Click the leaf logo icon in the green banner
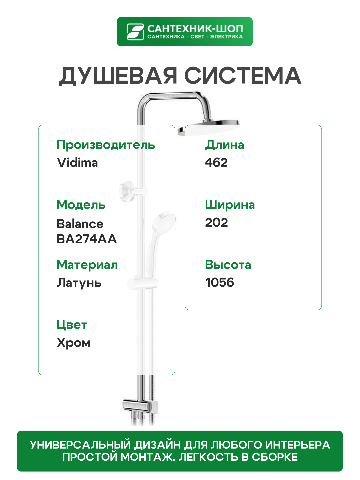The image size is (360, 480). coord(135,32)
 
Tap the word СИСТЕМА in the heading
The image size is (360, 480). coord(243,76)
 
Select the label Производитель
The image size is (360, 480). coord(106,145)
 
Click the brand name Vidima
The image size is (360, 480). coord(77,163)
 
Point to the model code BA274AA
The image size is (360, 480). coord(87,239)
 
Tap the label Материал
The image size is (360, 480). coord(87,265)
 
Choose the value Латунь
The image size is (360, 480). coord(79,283)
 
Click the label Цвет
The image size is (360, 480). coord(72,325)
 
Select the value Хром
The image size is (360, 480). coord(74,343)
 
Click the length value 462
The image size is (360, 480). coord(216,163)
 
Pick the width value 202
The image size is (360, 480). coord(216,223)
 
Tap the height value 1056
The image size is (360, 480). coord(219,283)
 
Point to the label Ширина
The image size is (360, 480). coord(230,205)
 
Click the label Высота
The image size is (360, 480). coord(228,265)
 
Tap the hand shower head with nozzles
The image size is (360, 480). coord(163,222)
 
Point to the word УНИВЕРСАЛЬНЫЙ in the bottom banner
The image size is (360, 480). coord(80,445)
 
